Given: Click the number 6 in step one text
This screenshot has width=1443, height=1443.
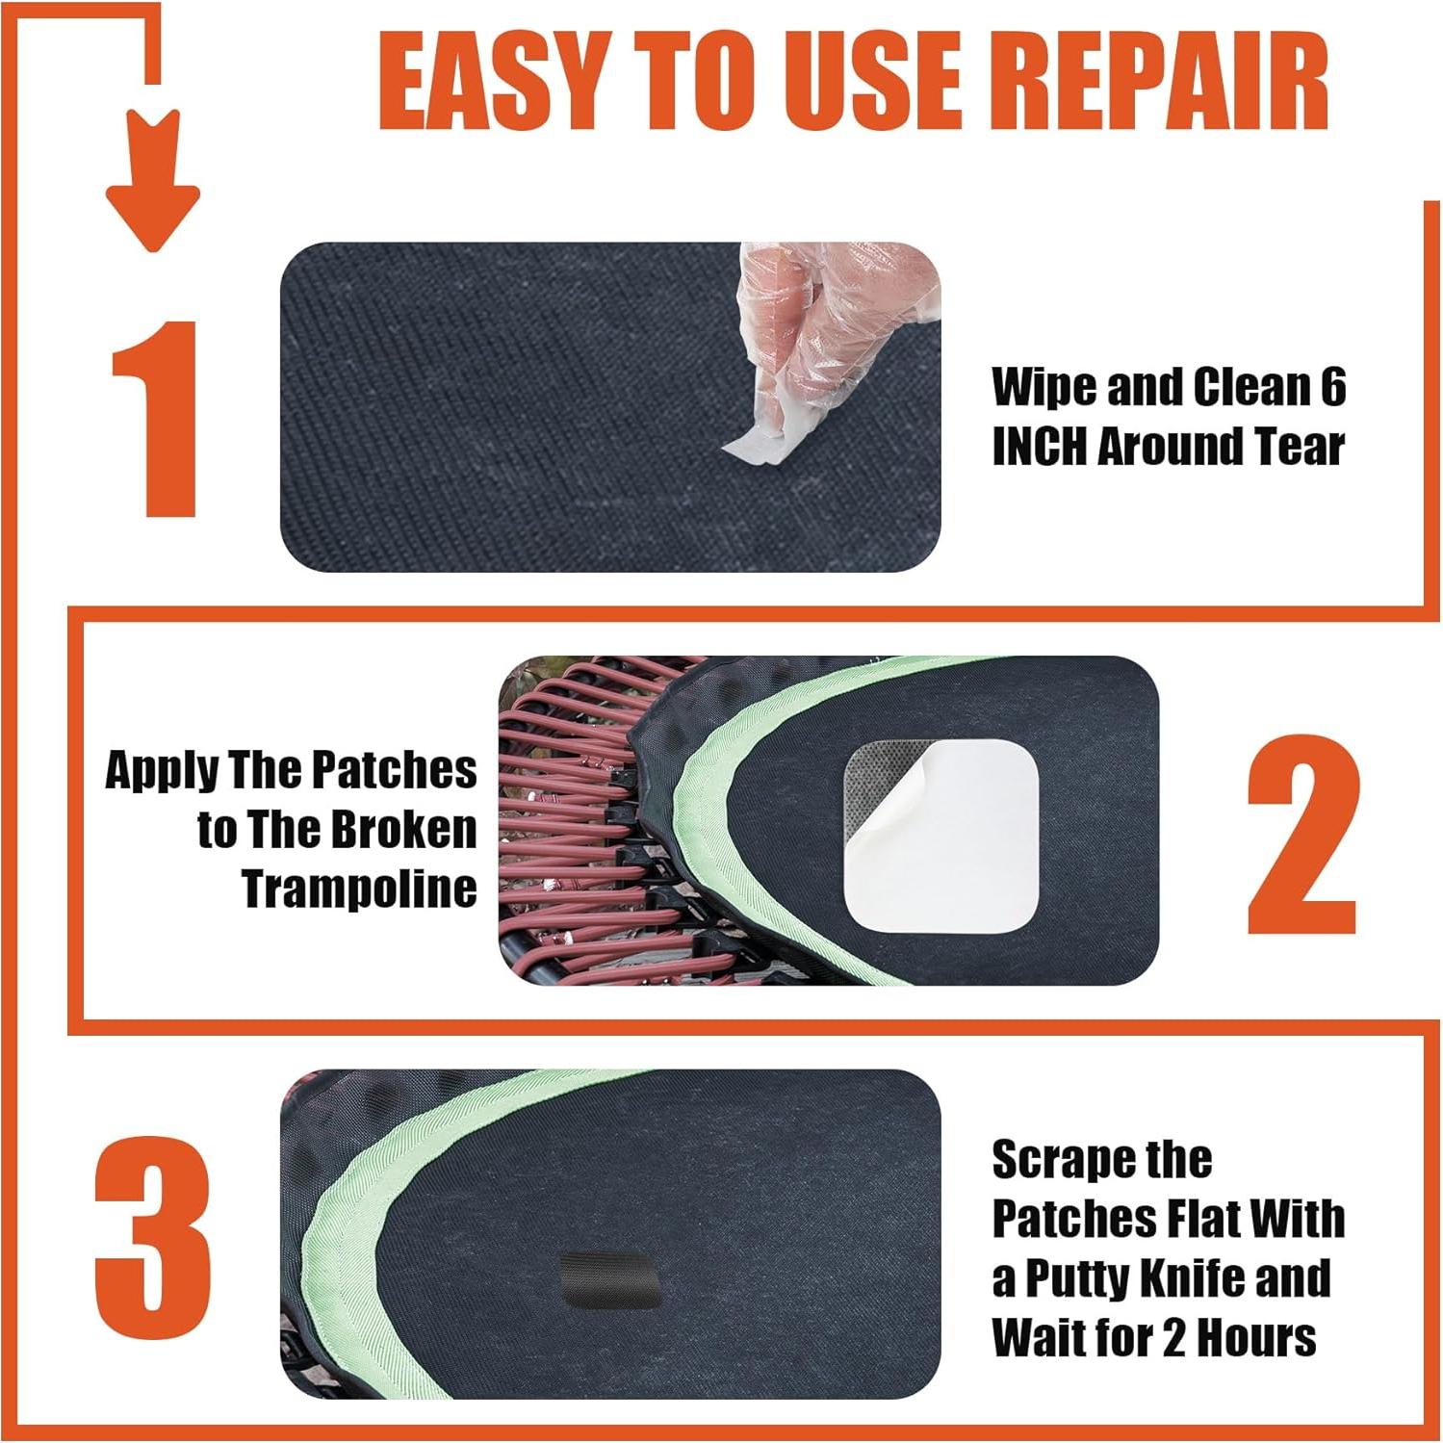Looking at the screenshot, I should point(1332,387).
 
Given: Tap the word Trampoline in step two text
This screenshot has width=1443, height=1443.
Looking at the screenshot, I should point(359,888).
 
